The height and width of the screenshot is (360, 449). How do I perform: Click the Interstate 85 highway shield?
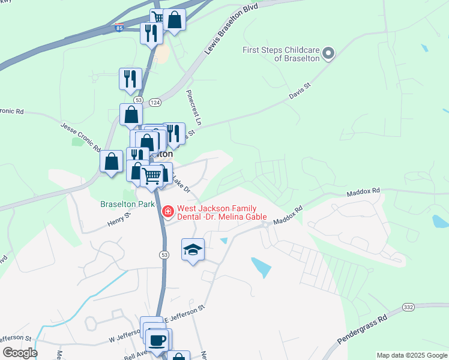tap(119, 27)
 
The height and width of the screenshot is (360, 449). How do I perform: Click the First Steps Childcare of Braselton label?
tap(280, 54)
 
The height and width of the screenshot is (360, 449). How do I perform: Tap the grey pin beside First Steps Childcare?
tap(328, 54)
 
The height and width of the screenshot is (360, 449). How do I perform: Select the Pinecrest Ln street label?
tap(194, 107)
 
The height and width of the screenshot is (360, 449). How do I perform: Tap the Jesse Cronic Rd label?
tap(80, 136)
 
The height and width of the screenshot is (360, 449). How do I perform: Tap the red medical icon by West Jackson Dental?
tap(167, 211)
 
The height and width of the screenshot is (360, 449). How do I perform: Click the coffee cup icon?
tap(158, 340)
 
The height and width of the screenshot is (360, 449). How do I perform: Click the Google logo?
tap(20, 353)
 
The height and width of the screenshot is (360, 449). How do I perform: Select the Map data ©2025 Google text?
tap(411, 355)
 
